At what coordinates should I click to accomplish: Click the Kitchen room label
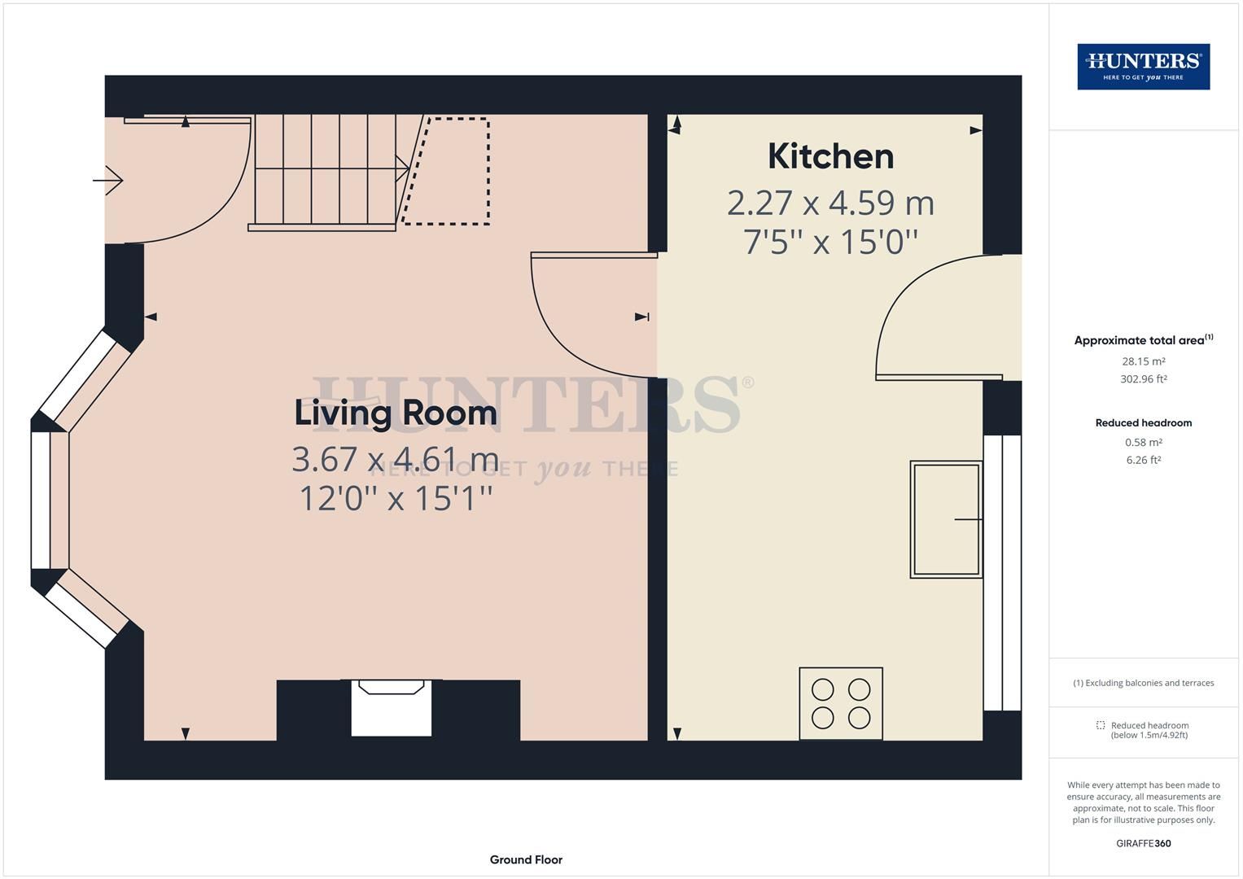coord(830,156)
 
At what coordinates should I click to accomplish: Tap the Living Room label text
coord(396,413)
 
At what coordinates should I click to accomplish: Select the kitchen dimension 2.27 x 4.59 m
coord(830,203)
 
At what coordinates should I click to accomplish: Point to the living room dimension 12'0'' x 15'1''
coord(396,498)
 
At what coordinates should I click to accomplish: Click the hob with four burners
coord(841,703)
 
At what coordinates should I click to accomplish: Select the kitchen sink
coord(946,519)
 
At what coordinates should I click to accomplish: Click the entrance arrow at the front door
coord(108,180)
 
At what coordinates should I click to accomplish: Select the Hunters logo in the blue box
coord(1143,67)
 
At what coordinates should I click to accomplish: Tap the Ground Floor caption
coord(526,859)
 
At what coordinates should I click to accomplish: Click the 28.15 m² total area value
coord(1143,361)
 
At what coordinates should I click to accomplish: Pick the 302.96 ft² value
coord(1143,379)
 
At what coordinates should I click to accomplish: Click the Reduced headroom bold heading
coord(1143,423)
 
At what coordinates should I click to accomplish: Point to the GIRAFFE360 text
coord(1143,843)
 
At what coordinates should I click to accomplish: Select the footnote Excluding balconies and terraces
coord(1143,683)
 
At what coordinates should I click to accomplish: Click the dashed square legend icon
coord(1101,725)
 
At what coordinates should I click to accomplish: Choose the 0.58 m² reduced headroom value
coord(1143,443)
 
